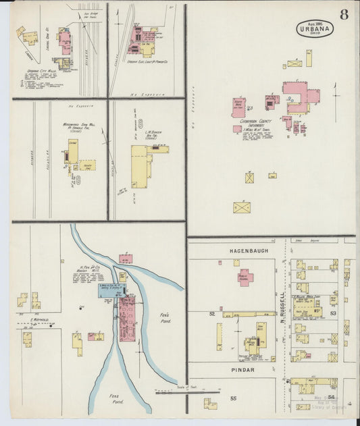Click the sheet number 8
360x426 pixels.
click(344, 15)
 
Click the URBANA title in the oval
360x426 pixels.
click(314, 29)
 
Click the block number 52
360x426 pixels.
click(212, 313)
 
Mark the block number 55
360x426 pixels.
click(234, 399)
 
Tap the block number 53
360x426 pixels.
click(332, 313)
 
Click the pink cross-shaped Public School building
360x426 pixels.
click(244, 276)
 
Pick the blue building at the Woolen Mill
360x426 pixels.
click(111, 290)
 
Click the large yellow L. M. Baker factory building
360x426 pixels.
click(140, 165)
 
